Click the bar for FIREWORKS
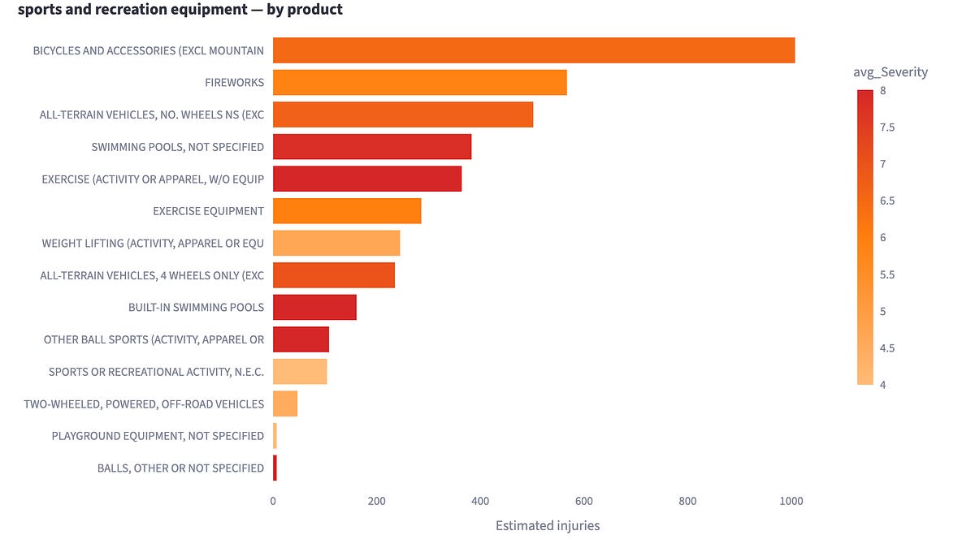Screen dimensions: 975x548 click(419, 82)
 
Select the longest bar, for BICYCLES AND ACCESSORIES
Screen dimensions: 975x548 click(534, 50)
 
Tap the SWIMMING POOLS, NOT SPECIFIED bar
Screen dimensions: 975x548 click(372, 147)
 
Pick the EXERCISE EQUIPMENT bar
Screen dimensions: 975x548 click(347, 211)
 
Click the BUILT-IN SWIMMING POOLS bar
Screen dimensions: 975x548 click(314, 307)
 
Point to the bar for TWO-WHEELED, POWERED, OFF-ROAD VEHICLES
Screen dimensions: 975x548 click(285, 403)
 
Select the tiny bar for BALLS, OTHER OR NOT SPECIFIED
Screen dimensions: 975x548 click(275, 468)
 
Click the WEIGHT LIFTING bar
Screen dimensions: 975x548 click(336, 243)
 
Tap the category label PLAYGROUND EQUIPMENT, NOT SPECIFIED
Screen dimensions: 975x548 click(158, 436)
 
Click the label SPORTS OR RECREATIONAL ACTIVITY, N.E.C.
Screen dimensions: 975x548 click(156, 372)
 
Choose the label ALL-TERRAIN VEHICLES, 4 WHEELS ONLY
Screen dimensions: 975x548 click(152, 275)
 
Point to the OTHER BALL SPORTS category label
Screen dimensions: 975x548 click(154, 339)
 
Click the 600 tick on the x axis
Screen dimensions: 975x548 click(583, 501)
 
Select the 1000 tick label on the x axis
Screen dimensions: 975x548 click(791, 501)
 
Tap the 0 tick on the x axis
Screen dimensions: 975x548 click(273, 501)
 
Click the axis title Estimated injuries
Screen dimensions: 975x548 click(548, 526)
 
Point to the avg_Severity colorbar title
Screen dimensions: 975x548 click(890, 71)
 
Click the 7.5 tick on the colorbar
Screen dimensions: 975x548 click(887, 127)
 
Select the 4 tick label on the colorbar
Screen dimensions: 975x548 click(882, 385)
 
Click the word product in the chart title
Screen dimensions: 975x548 click(315, 9)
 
